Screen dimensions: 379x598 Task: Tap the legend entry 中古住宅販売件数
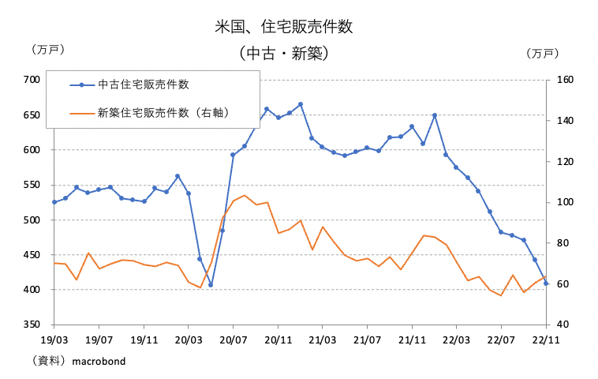[143, 84]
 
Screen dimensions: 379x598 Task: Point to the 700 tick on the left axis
[32, 80]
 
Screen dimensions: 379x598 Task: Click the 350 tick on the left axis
[32, 325]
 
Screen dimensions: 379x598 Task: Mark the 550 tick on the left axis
[32, 185]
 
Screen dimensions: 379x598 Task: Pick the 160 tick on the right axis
[564, 80]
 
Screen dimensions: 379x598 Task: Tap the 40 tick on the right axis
[561, 325]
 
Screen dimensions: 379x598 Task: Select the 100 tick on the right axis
[564, 202]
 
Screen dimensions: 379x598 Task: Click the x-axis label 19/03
[54, 340]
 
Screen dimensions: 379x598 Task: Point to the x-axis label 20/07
[233, 340]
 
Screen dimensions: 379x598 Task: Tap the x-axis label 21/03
[323, 340]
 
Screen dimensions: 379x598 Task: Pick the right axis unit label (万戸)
[542, 54]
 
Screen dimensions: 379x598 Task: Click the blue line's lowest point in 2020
[211, 285]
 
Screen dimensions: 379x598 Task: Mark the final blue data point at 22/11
[546, 283]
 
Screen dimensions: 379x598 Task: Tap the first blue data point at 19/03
[54, 202]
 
